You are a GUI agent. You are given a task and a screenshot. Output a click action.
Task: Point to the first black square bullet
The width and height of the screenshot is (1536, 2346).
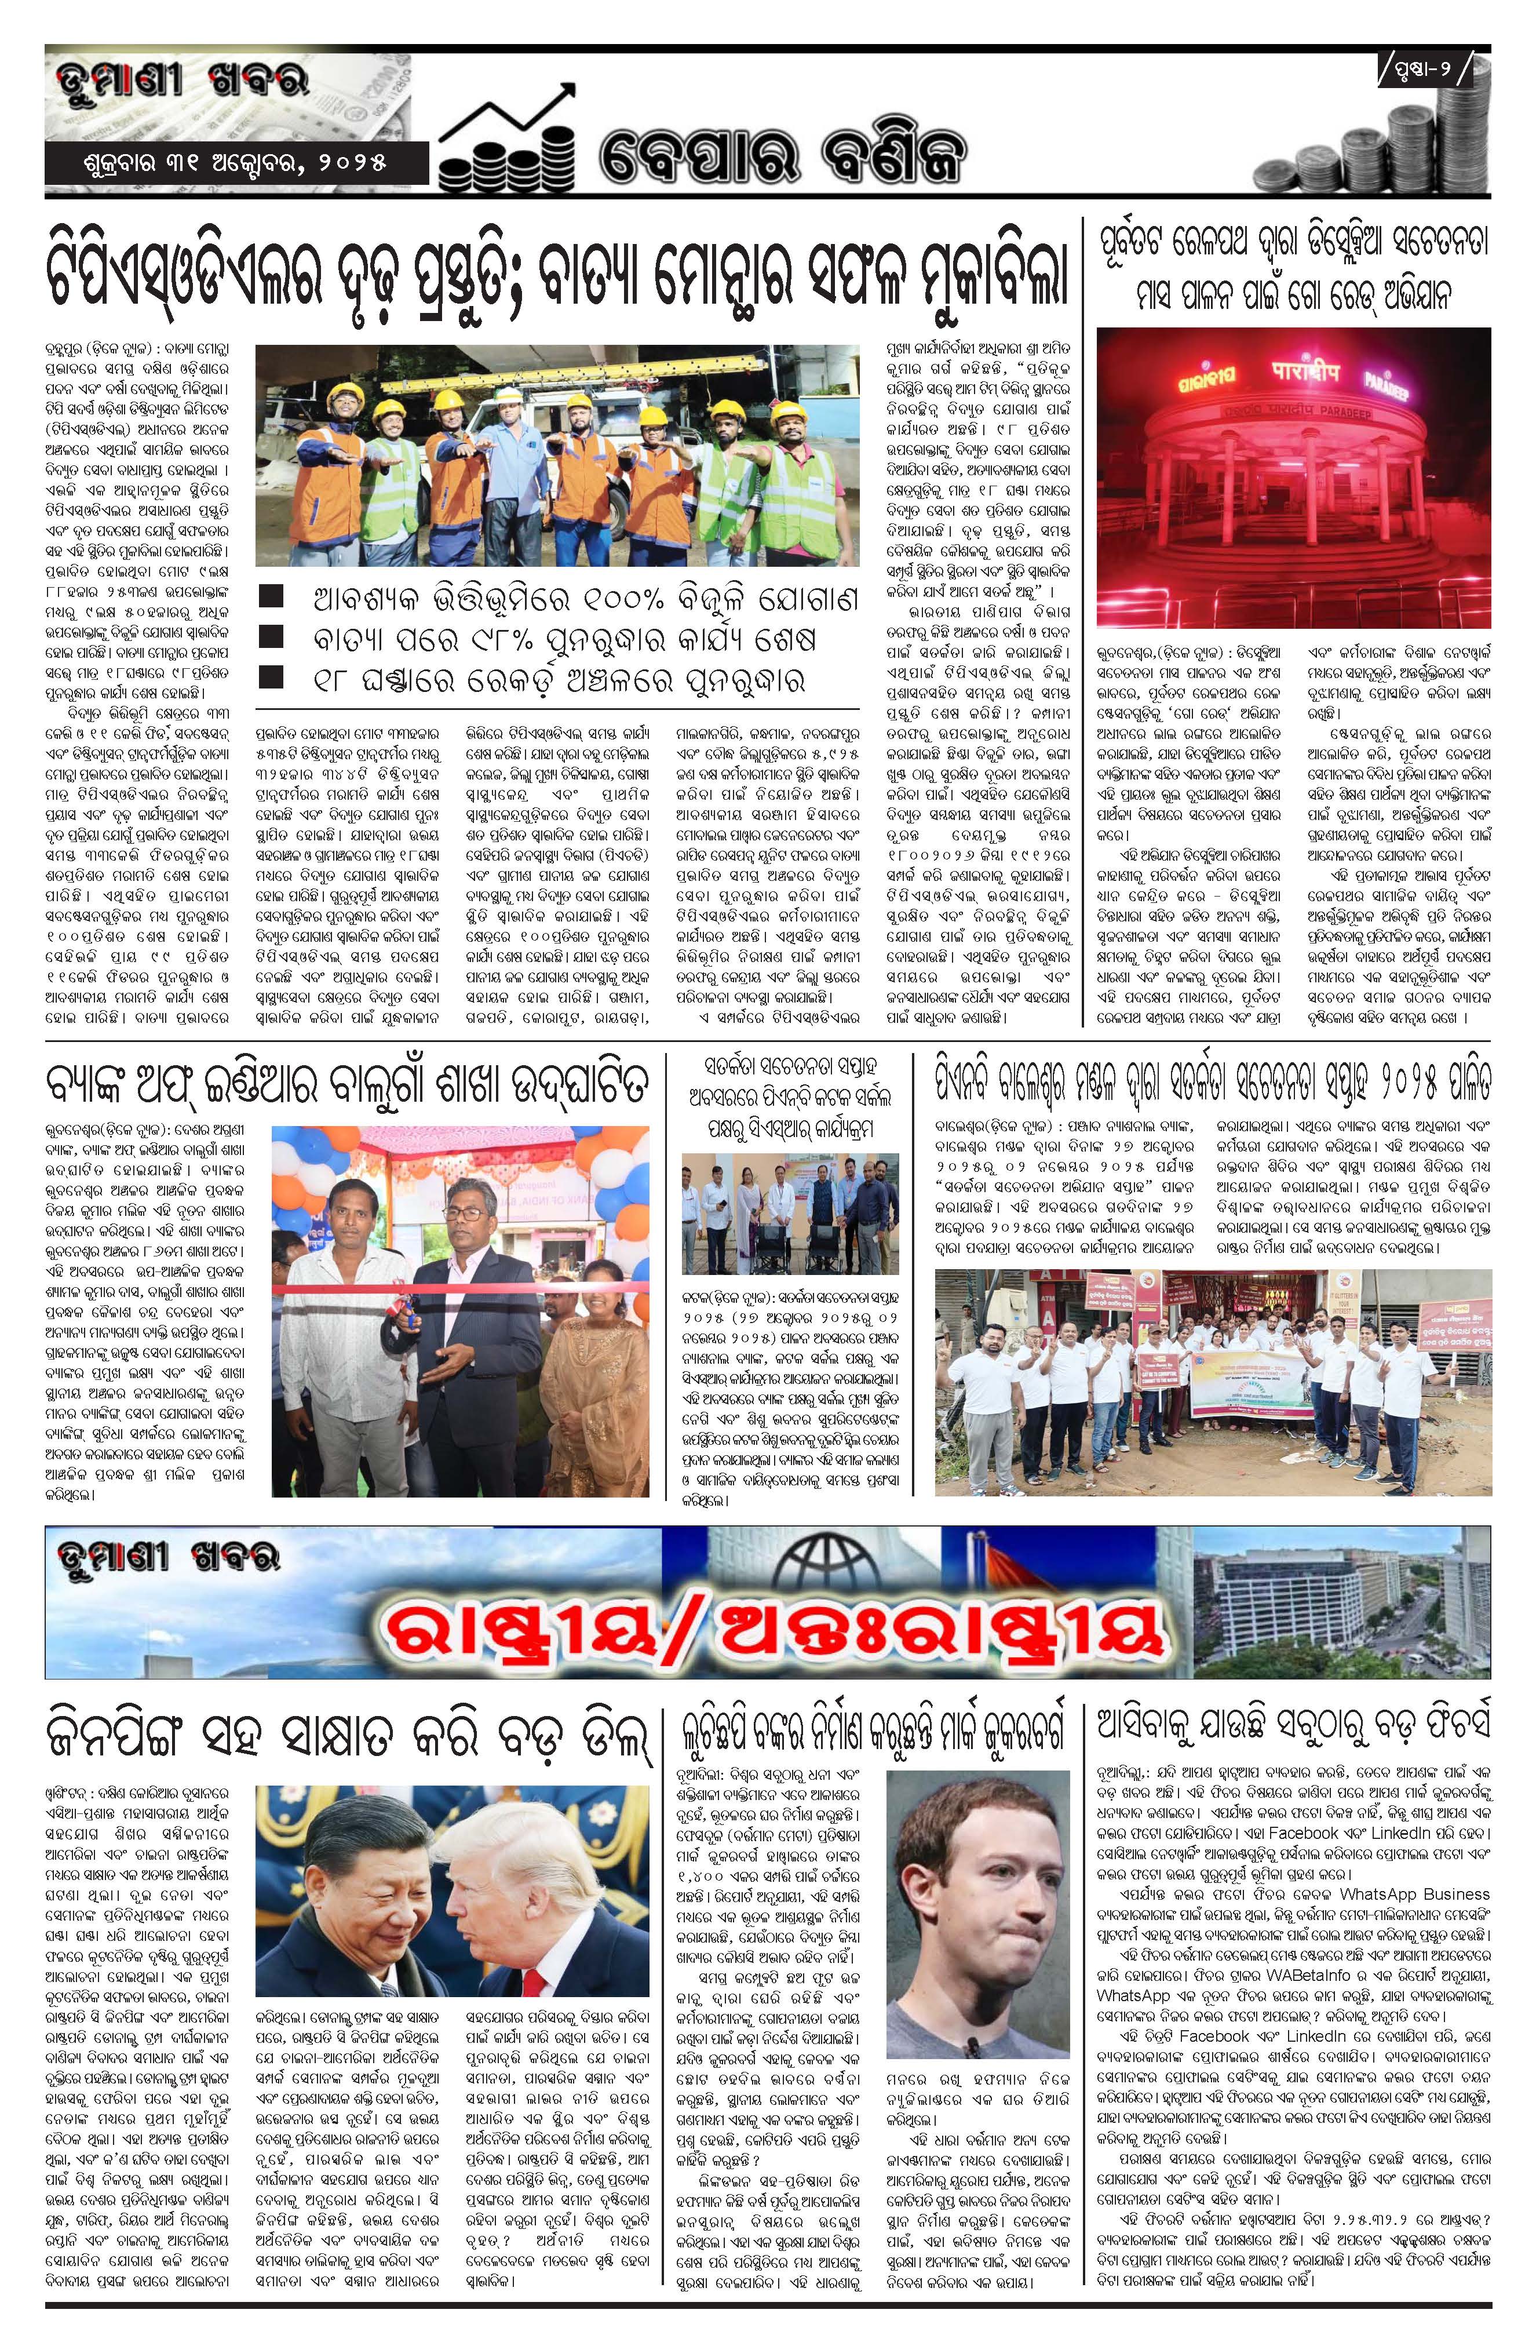[x=270, y=598]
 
